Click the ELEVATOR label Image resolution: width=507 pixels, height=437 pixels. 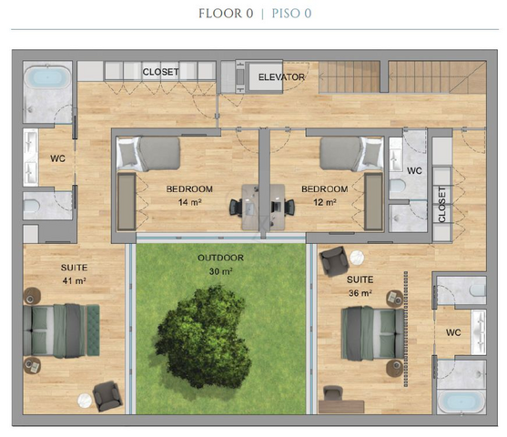pos(281,77)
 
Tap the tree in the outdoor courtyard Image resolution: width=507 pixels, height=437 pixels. pos(203,337)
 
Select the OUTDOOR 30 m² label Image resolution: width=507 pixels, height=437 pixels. pos(220,265)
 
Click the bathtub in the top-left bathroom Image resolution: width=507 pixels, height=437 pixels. pos(47,77)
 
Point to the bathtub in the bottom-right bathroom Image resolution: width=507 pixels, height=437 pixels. pos(461,402)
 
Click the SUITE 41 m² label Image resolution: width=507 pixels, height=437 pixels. pos(74,274)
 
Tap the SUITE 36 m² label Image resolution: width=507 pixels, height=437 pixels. pos(360,286)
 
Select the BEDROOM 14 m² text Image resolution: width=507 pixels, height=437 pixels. pos(189,196)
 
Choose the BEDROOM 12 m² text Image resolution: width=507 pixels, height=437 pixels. pos(325,196)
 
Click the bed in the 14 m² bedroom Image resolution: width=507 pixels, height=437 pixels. pos(148,154)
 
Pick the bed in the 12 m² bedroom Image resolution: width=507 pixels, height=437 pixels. pos(351,154)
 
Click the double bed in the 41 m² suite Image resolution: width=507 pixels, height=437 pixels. pos(61,330)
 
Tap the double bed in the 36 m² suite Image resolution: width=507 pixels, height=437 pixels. pos(372,333)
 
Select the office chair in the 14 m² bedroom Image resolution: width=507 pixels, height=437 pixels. pos(236,207)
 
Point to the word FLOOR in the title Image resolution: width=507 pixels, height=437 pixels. pos(220,14)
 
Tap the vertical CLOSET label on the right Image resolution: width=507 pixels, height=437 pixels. pos(442,205)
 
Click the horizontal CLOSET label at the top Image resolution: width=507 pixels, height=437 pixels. pos(161,72)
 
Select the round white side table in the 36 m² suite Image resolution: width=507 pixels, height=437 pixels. pos(357,258)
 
